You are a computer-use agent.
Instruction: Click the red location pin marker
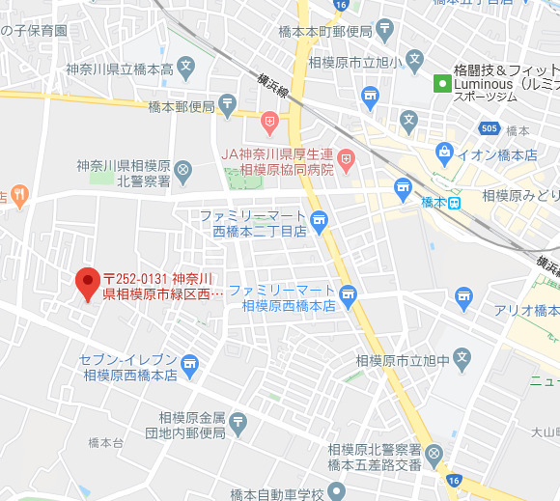pyautogui.click(x=88, y=284)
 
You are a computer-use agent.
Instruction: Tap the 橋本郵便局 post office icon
pyautogui.click(x=227, y=102)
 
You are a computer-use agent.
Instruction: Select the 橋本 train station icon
pyautogui.click(x=453, y=202)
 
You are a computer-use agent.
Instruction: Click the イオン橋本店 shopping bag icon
pyautogui.click(x=444, y=152)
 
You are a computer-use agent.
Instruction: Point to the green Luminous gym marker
pyautogui.click(x=441, y=83)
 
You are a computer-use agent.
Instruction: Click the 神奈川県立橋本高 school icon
pyautogui.click(x=186, y=68)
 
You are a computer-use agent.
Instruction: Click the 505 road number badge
pyautogui.click(x=490, y=127)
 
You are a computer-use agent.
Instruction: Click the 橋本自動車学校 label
pyautogui.click(x=275, y=492)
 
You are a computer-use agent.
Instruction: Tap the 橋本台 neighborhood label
pyautogui.click(x=105, y=442)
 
